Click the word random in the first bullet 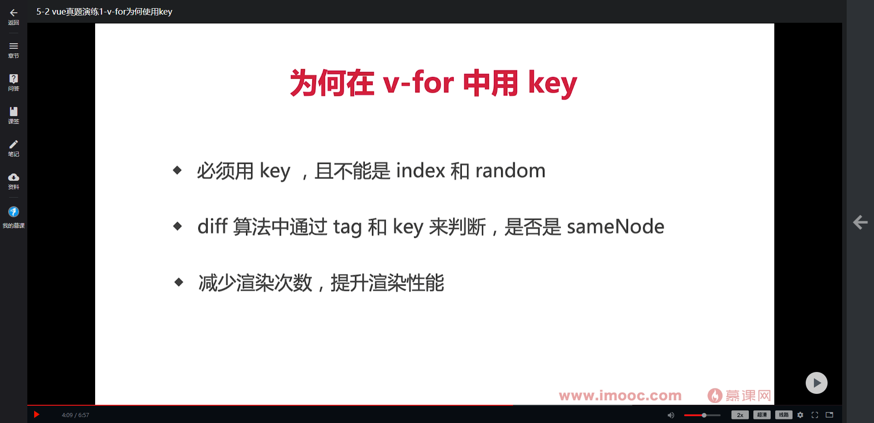click(510, 171)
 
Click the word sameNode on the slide click(615, 227)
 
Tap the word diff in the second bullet click(212, 227)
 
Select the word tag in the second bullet click(347, 227)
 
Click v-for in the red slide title click(418, 83)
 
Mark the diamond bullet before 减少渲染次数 click(178, 282)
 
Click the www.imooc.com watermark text click(620, 396)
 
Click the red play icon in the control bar click(37, 414)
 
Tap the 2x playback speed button click(740, 415)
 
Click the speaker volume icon click(671, 415)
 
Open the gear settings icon click(800, 415)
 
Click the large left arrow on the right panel click(860, 222)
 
